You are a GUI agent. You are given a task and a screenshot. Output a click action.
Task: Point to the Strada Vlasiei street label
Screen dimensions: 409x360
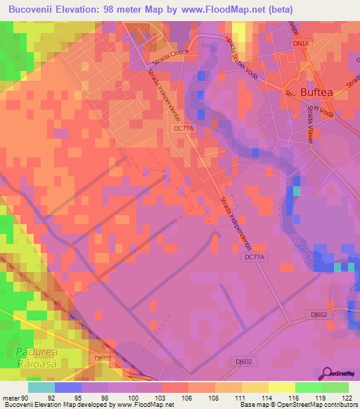pyautogui.click(x=309, y=122)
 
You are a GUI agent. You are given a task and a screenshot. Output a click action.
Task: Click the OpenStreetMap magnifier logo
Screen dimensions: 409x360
pyautogui.click(x=328, y=373)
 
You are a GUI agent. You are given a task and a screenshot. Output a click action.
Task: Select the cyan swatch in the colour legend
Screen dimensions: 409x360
pyautogui.click(x=41, y=387)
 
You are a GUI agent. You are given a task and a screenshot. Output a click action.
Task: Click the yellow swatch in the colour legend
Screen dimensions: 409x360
pyautogui.click(x=281, y=387)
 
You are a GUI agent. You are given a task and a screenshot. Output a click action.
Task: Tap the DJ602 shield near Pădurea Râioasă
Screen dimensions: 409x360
pyautogui.click(x=103, y=358)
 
